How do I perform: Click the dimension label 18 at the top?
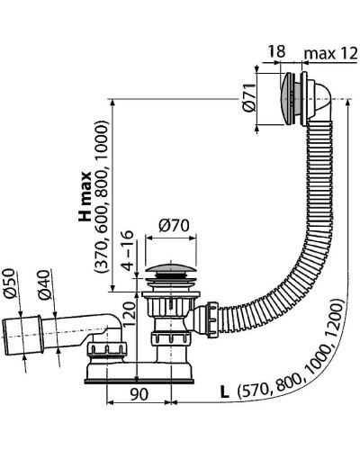[277, 53]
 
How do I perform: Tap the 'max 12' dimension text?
[328, 53]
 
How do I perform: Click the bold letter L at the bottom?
[221, 392]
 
